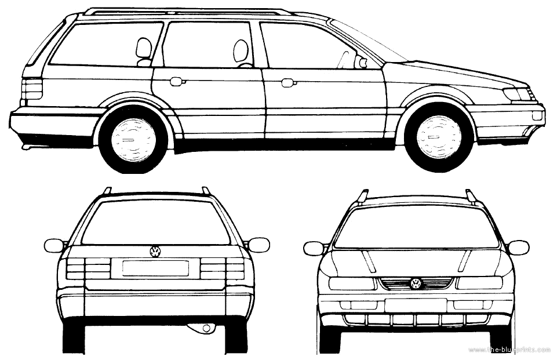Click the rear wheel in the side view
click(133, 137)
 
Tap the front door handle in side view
click(287, 83)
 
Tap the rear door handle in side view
click(176, 82)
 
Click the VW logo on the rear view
click(155, 252)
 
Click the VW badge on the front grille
click(416, 283)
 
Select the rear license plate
click(155, 268)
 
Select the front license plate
click(415, 306)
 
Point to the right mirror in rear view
click(258, 245)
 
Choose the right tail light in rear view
click(223, 268)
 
